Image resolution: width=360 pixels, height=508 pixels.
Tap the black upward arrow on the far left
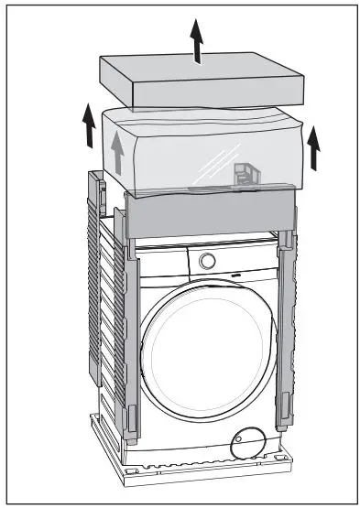pyautogui.click(x=90, y=126)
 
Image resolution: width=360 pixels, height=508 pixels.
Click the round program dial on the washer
pyautogui.click(x=208, y=259)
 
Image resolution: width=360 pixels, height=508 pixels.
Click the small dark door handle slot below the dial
pyautogui.click(x=236, y=272)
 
